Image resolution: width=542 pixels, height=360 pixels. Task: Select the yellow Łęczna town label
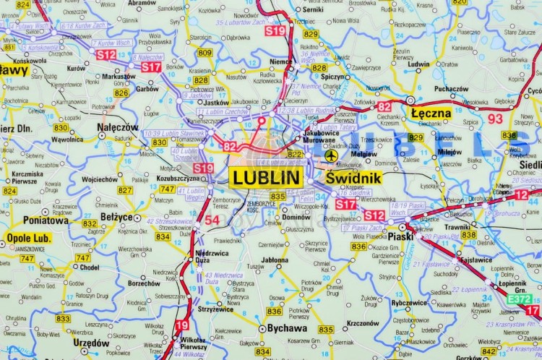click(431, 113)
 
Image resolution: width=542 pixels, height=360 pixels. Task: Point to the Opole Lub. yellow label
click(28, 238)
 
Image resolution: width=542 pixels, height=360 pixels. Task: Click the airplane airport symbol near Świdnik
click(331, 155)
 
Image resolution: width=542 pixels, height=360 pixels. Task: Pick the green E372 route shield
click(518, 299)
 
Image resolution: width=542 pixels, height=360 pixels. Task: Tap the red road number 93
click(495, 119)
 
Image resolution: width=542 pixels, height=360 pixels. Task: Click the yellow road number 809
click(205, 53)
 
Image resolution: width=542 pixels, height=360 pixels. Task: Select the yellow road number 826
click(121, 93)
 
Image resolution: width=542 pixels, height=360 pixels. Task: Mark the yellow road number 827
click(125, 190)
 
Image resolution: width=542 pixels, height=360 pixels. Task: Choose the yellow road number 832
click(90, 224)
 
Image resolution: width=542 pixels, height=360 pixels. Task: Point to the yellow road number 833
click(63, 318)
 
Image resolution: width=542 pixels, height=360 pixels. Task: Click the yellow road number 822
click(295, 154)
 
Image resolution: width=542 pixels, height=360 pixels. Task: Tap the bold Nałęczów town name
click(118, 127)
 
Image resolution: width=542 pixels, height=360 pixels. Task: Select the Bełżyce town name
click(116, 216)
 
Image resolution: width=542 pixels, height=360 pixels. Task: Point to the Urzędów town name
click(92, 343)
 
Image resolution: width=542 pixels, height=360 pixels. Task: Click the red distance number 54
click(212, 220)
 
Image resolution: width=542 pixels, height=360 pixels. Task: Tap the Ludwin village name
click(418, 64)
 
